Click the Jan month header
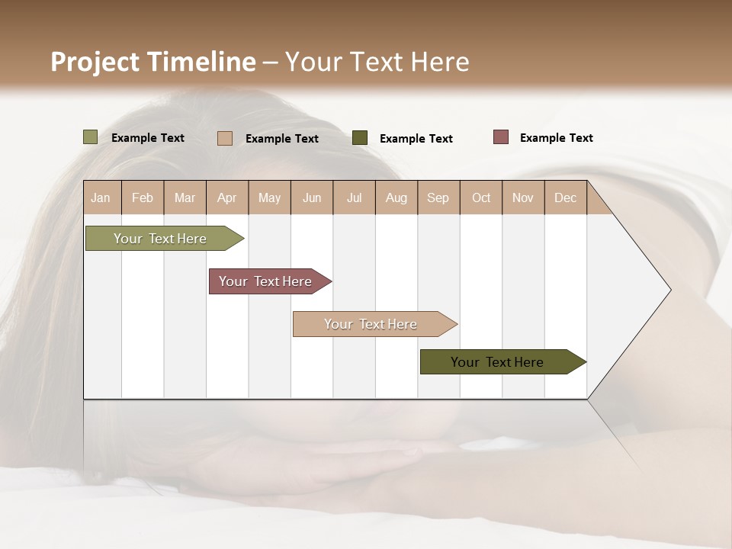101,197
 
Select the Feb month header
143,197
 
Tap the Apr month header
227,197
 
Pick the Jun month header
312,197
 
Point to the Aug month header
396,197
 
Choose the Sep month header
438,197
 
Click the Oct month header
481,197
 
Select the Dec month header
566,197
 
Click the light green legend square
91,137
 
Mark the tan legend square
225,138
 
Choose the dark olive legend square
360,138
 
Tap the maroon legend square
501,137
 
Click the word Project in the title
95,62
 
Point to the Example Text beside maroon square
556,138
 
